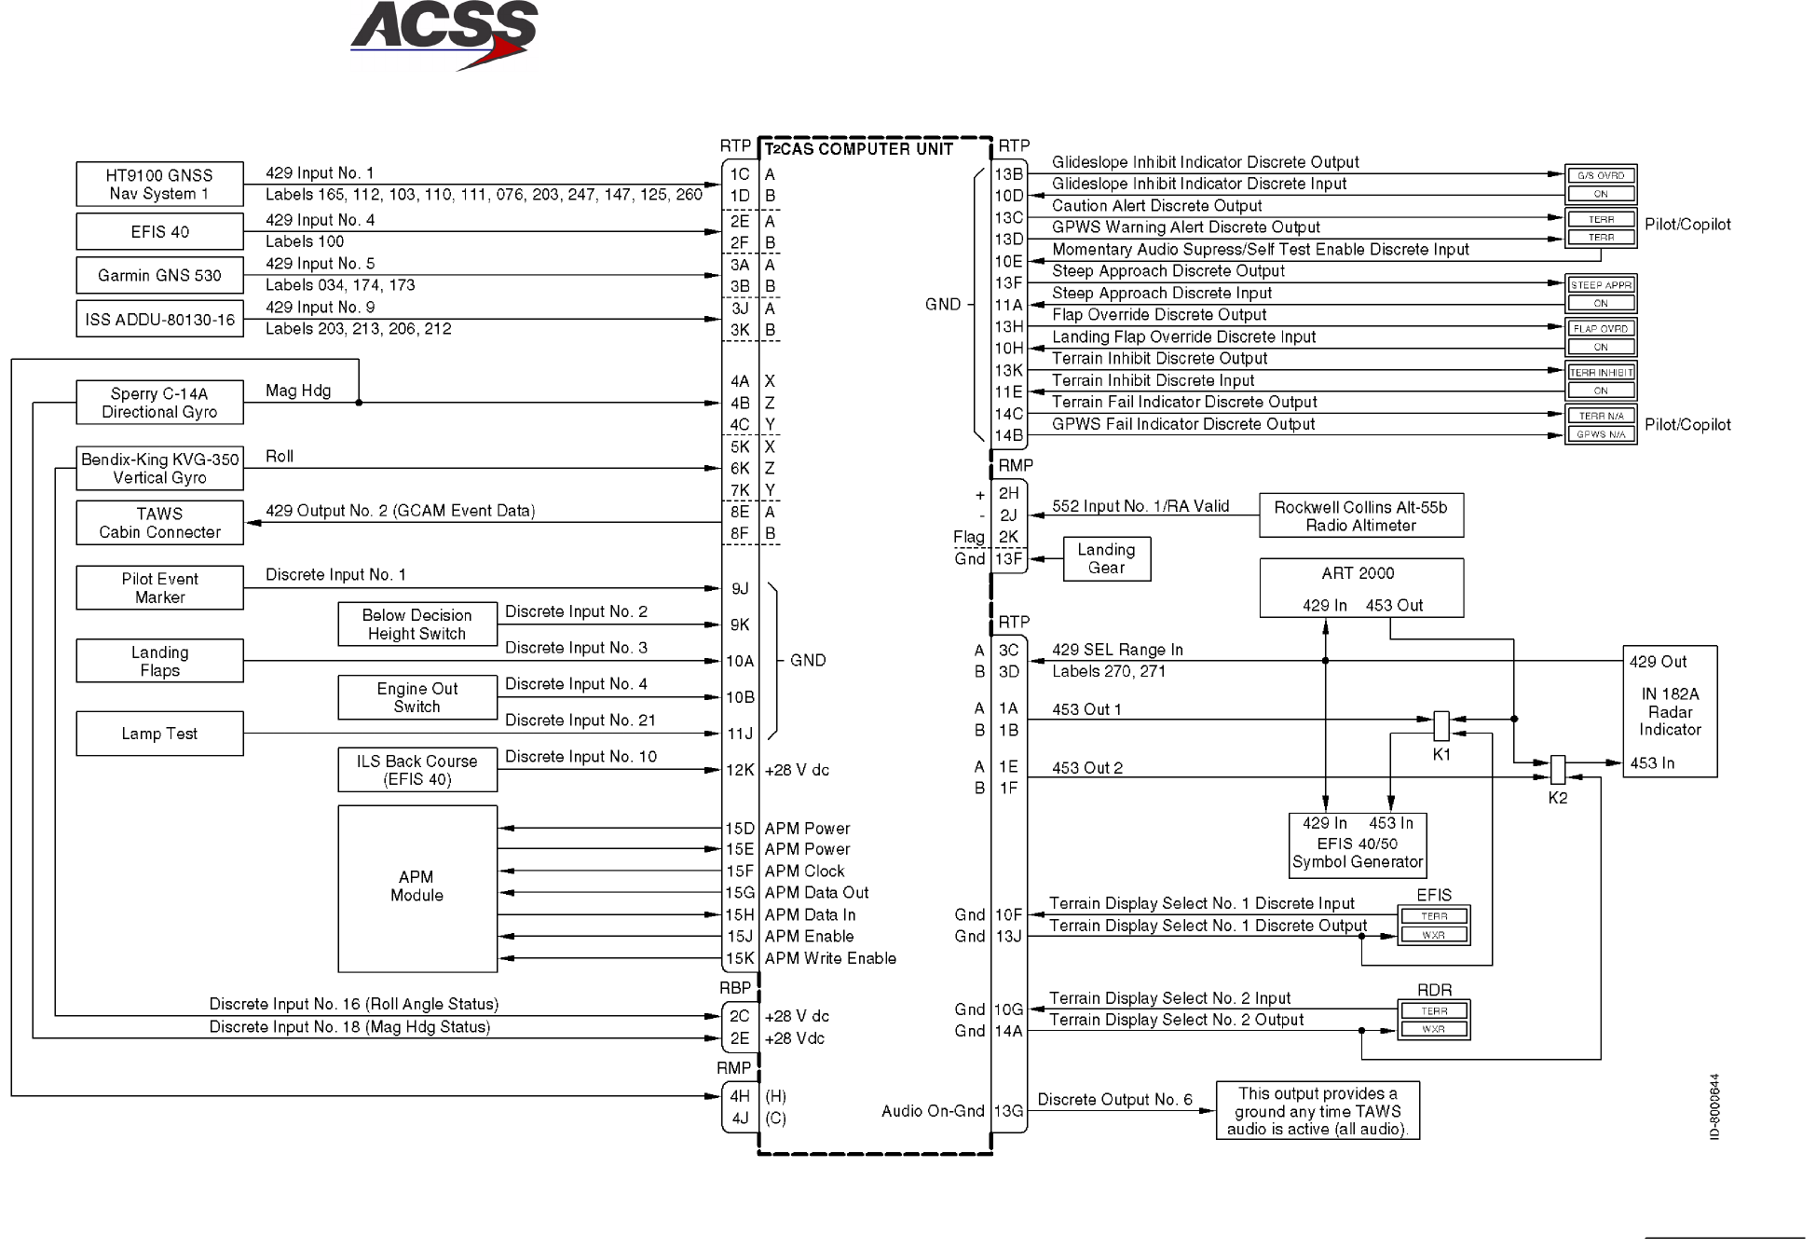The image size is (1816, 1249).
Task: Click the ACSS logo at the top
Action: pos(444,34)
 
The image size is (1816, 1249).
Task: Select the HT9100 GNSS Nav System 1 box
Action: pos(159,185)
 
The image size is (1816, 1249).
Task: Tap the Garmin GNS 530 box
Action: pos(159,276)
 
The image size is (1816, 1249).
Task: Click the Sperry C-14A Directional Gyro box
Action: pos(159,403)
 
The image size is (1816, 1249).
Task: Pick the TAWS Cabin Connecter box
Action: pos(159,523)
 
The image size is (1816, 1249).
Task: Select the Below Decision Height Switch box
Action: pos(416,624)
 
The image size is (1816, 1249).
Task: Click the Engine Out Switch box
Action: pos(416,697)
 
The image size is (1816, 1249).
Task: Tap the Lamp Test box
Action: pos(159,734)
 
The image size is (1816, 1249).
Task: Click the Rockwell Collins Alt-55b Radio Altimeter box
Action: pos(1360,515)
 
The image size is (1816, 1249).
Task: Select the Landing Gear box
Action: pos(1106,558)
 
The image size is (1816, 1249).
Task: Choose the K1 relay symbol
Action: pos(1441,725)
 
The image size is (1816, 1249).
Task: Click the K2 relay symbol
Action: pos(1557,770)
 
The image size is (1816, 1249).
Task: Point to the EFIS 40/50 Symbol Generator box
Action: pos(1357,844)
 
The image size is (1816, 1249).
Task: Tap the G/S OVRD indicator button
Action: pos(1600,175)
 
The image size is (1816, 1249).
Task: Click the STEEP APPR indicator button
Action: pos(1600,285)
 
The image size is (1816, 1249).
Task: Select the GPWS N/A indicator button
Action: pos(1600,434)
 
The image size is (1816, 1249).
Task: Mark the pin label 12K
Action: pos(740,770)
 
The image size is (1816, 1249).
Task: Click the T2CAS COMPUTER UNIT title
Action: pos(859,149)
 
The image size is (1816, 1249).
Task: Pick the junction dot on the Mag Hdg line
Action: pos(359,403)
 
